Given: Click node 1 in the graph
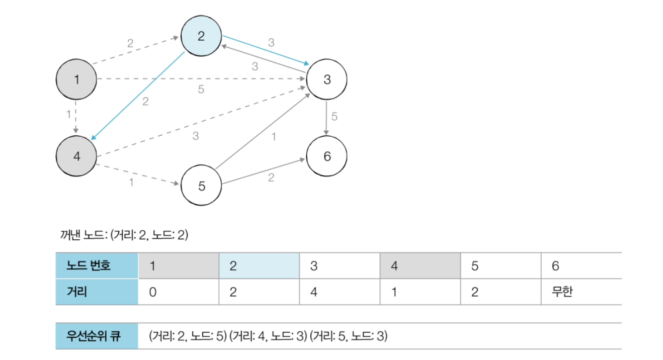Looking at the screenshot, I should tap(76, 79).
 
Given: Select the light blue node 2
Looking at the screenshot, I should tap(201, 36).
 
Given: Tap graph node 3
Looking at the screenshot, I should tap(327, 79).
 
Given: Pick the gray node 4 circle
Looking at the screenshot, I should tap(76, 156).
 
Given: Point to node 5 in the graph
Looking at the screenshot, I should tap(201, 186).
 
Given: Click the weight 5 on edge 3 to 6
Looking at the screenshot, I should tap(335, 117).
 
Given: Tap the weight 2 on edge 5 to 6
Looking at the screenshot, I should tap(271, 177).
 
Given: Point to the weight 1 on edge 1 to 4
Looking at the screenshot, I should tap(68, 114).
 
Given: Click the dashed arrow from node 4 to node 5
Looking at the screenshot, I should tap(137, 174).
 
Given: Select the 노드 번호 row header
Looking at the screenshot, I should tap(97, 265).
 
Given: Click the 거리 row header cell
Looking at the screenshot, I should tap(97, 292).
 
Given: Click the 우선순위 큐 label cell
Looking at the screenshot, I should tap(97, 336).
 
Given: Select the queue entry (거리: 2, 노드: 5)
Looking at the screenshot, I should tap(188, 336).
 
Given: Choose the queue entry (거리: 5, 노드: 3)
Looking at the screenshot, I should tap(349, 336).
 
